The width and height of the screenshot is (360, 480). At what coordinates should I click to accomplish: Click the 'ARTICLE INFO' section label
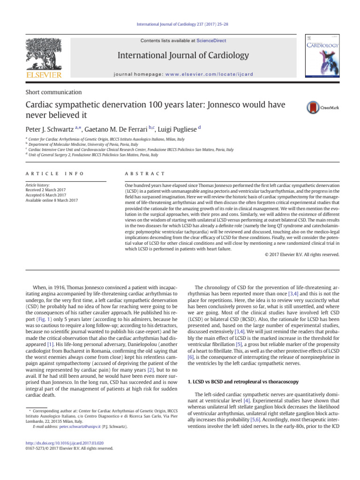point(55,173)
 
